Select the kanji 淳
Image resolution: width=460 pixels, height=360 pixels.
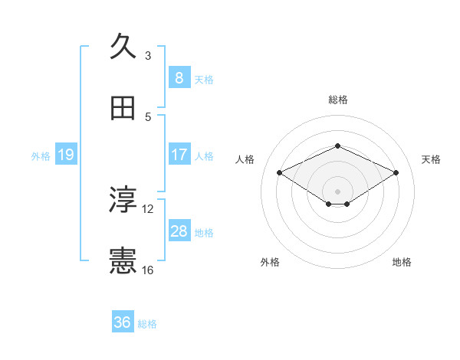123,200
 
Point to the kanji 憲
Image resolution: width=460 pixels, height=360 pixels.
123,261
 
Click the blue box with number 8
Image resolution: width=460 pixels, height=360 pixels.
179,78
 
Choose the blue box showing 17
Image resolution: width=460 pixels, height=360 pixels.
179,155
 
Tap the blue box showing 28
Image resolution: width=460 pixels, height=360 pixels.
179,231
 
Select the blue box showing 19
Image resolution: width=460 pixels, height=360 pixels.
65,155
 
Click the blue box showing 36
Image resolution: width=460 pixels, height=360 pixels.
122,322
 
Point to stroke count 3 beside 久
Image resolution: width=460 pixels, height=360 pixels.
148,56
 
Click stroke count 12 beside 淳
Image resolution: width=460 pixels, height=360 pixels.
148,208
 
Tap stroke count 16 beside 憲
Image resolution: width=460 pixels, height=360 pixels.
148,270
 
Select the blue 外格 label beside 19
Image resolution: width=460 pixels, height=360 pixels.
41,156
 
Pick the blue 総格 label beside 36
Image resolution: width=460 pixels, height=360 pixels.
147,324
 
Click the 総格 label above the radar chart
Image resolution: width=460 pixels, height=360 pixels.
337,100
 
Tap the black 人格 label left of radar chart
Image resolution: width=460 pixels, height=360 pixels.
245,159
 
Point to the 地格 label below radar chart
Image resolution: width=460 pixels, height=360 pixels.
402,263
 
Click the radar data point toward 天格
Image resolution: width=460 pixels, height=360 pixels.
396,173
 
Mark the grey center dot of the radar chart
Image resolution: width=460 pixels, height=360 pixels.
337,190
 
